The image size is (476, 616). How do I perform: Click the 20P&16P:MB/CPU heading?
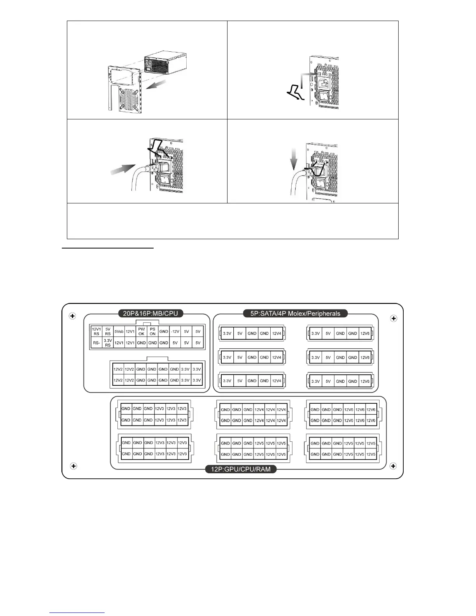[x=150, y=313]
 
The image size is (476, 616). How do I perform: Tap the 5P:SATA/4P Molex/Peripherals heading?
[x=296, y=313]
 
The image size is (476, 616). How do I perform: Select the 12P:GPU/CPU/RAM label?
[x=240, y=469]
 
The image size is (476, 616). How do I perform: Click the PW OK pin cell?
[x=142, y=332]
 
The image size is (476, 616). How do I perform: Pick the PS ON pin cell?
[x=152, y=332]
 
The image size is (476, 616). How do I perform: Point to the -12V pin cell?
[x=175, y=332]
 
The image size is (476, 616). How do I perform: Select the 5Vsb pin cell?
[x=119, y=332]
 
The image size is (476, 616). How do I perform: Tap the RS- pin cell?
[x=96, y=343]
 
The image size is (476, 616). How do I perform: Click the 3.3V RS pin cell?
[x=108, y=343]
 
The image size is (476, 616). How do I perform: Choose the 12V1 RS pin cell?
[x=96, y=332]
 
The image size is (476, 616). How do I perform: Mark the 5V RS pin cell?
[x=108, y=332]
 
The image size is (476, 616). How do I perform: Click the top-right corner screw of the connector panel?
[x=394, y=318]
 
